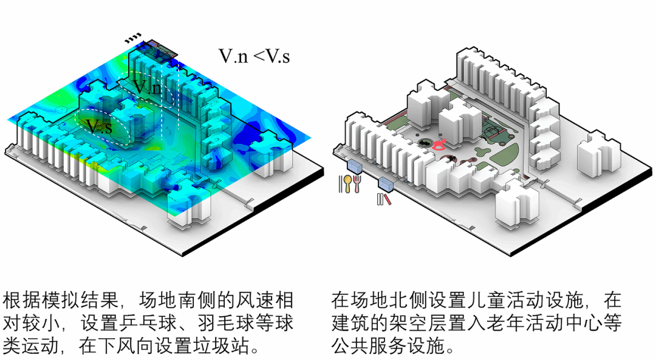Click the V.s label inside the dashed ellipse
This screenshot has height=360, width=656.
[99, 127]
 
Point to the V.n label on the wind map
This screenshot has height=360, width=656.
[148, 87]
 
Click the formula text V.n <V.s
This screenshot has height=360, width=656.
[254, 56]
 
